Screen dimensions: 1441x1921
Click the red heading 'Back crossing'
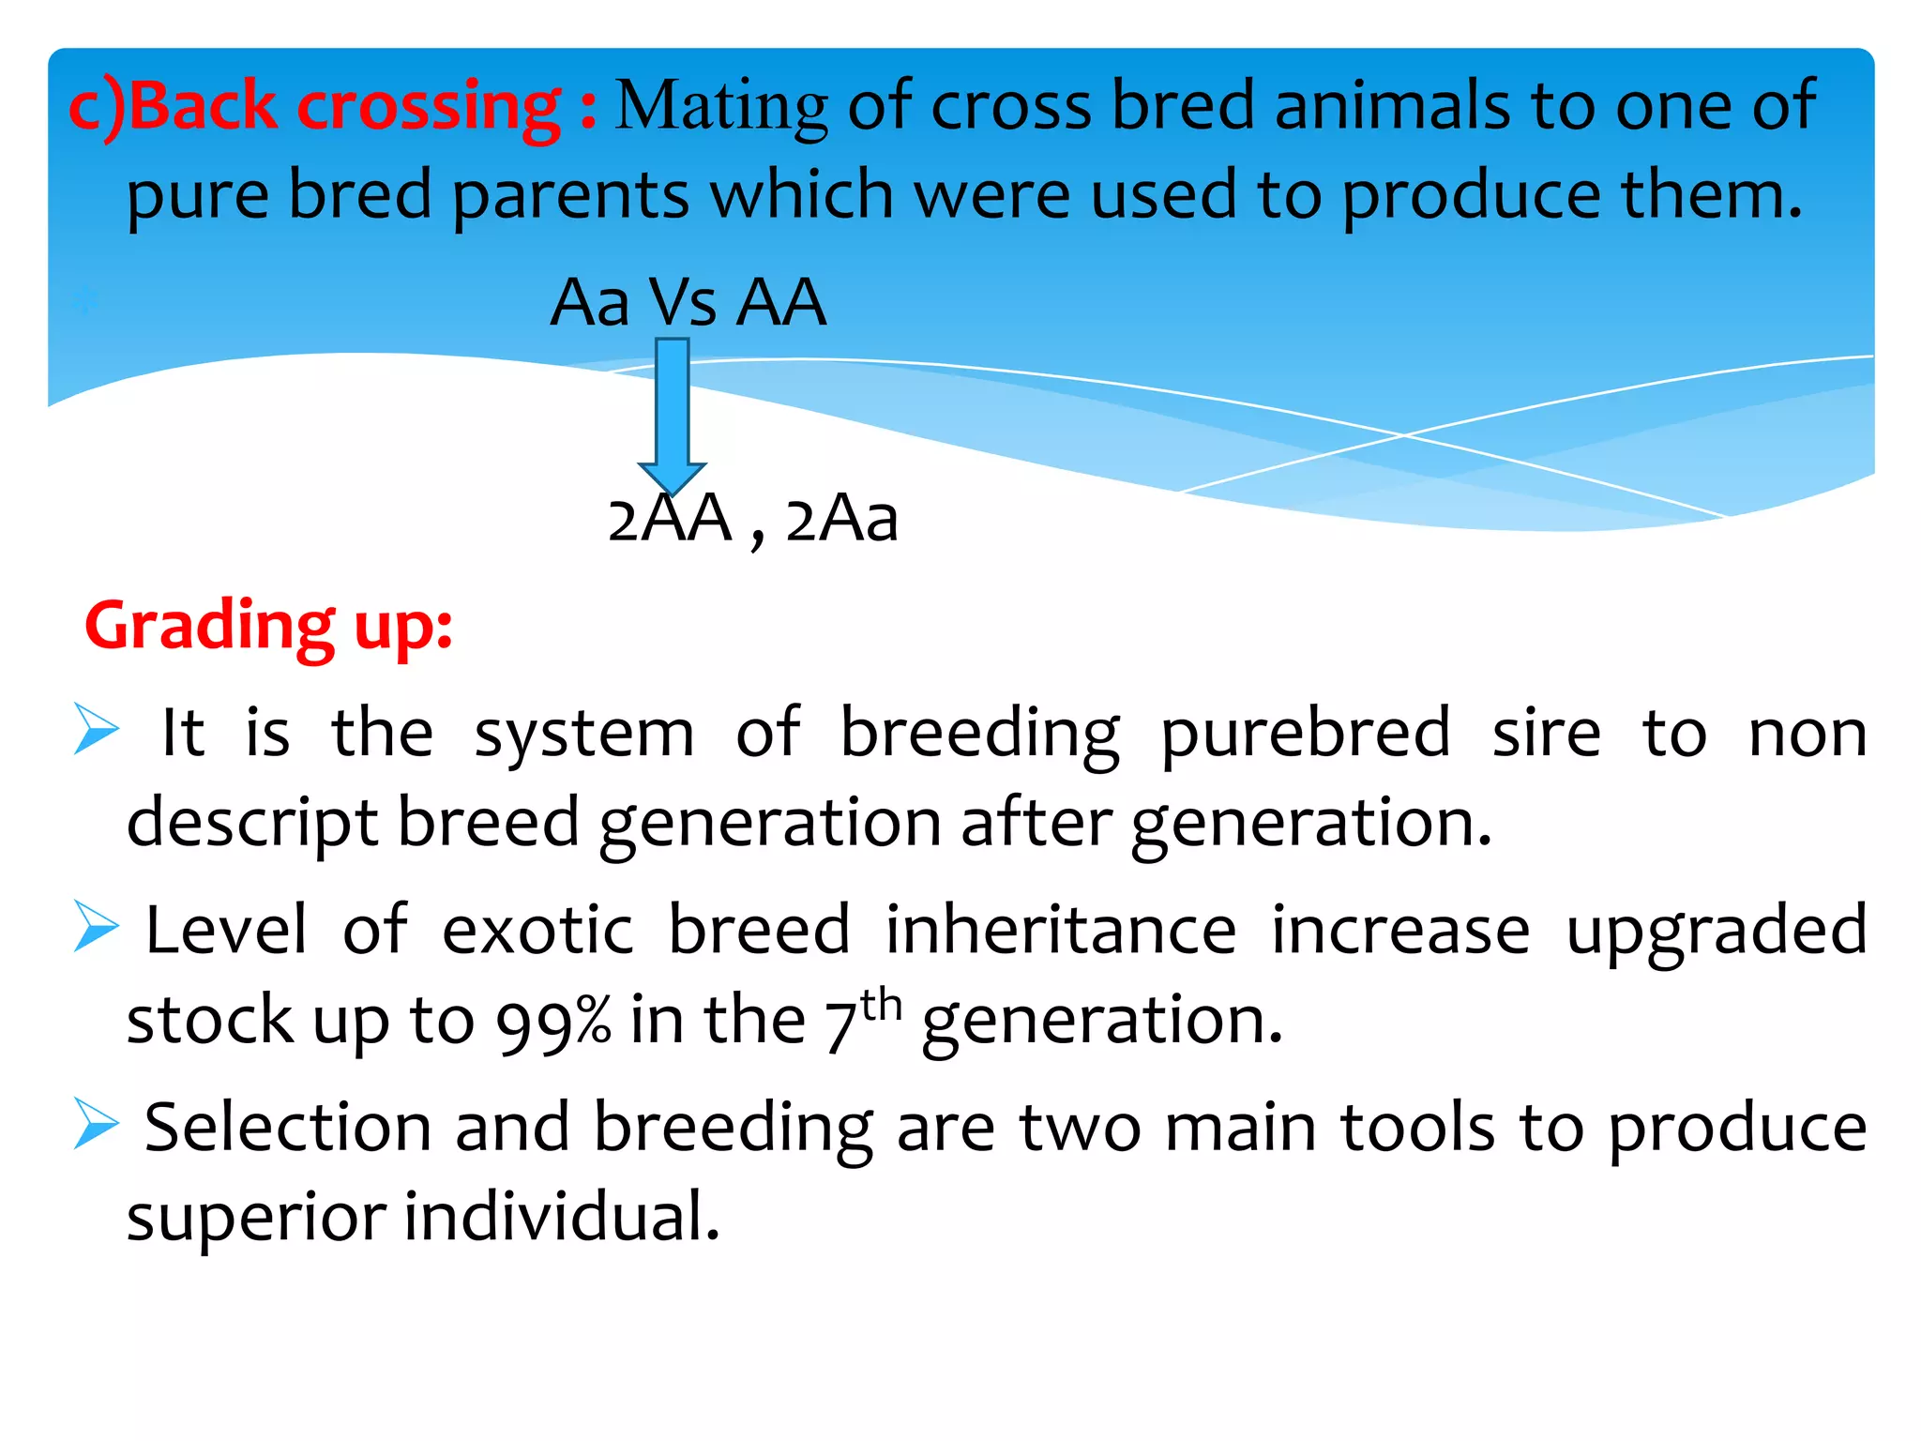click(342, 105)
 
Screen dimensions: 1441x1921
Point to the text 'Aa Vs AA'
click(688, 302)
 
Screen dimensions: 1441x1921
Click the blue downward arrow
click(672, 413)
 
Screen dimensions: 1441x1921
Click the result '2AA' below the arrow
click(669, 519)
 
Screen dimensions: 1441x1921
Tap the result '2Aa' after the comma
click(841, 519)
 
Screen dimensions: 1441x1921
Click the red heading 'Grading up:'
click(269, 626)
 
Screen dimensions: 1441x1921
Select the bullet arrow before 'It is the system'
click(97, 729)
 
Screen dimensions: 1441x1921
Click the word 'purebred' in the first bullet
click(1305, 734)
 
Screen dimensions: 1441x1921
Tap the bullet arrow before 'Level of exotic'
click(97, 926)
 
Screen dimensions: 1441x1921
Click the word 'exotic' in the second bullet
click(537, 931)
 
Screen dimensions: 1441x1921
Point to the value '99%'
click(553, 1022)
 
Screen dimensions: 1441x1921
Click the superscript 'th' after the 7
click(881, 1006)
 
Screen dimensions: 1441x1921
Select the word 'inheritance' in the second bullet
click(1061, 931)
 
